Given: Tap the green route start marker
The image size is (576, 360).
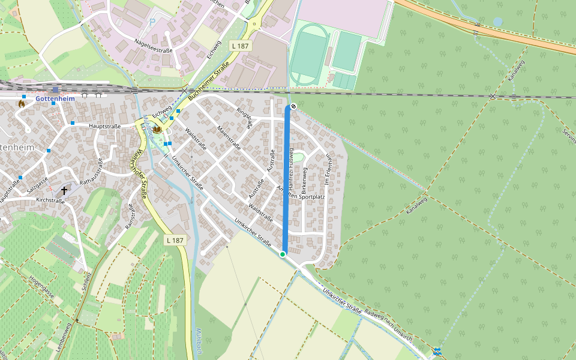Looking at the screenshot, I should (x=283, y=254).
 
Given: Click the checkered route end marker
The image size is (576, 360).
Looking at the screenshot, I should (x=293, y=106).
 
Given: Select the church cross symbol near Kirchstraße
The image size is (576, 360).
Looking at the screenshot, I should (x=64, y=190).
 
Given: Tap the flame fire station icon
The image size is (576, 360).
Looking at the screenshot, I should (x=22, y=103).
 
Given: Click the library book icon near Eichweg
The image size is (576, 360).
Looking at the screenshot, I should (x=157, y=130).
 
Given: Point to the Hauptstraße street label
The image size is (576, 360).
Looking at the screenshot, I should (x=105, y=127).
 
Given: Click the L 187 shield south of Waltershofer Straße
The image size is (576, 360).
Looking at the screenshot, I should (x=175, y=240).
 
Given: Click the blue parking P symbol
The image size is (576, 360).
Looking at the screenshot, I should (x=152, y=22).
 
